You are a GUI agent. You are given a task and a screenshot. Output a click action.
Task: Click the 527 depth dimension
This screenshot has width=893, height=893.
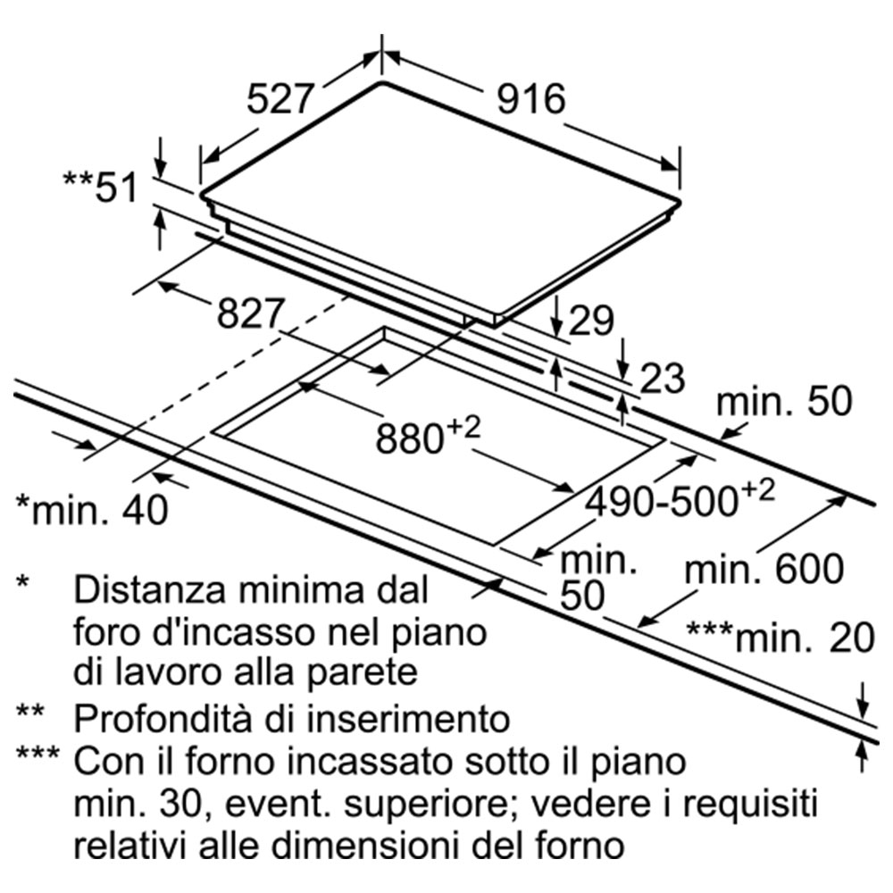[280, 99]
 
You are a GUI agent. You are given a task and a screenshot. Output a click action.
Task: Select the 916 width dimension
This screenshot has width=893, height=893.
[530, 99]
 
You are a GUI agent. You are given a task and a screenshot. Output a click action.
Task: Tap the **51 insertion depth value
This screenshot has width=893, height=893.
[100, 187]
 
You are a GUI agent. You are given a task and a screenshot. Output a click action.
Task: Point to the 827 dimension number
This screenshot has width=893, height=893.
[250, 313]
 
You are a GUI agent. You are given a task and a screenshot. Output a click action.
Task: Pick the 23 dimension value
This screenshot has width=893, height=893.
[663, 378]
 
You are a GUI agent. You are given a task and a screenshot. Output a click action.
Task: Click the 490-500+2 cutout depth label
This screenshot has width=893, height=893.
[680, 499]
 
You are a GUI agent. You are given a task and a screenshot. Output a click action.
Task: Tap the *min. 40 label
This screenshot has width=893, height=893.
[92, 509]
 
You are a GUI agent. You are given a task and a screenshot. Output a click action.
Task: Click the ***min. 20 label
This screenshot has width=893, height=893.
[780, 638]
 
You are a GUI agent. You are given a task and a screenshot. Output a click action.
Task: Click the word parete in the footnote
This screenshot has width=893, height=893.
[363, 673]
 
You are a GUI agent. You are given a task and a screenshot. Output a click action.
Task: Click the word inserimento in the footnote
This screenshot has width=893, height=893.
[408, 719]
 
